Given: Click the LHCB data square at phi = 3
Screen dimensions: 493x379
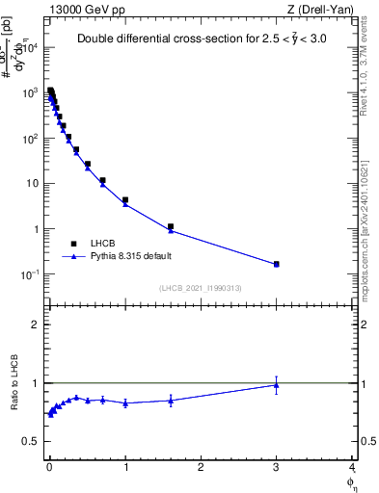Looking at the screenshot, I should point(277,264).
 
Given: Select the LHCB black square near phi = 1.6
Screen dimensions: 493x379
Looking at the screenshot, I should point(171,227).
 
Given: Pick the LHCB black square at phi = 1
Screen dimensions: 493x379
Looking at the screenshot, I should point(125,200).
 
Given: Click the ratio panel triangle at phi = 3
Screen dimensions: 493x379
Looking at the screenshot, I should point(277,385).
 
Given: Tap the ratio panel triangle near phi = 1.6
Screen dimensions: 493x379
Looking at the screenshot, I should point(171,401).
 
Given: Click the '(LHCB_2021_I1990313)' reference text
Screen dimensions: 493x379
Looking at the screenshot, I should point(200,288).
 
